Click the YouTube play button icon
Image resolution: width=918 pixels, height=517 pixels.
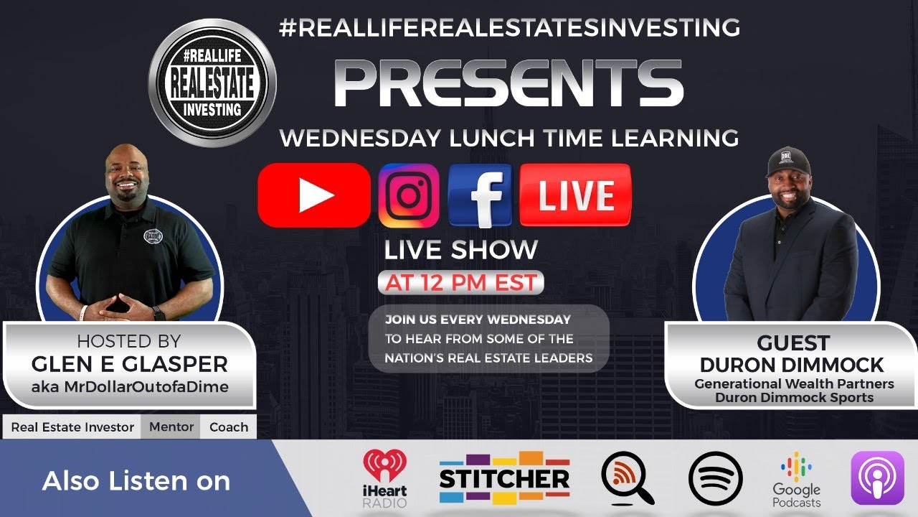(x=314, y=195)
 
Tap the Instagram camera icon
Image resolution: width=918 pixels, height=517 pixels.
(x=409, y=195)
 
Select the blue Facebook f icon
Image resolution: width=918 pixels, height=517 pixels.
(x=481, y=195)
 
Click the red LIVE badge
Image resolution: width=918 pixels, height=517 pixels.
(x=576, y=195)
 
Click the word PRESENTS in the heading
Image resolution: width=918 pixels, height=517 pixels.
(x=508, y=84)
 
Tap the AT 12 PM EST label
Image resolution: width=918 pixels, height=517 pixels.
(x=460, y=283)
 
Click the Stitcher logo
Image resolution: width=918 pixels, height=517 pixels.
(x=504, y=478)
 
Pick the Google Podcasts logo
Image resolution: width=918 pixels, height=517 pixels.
(x=796, y=480)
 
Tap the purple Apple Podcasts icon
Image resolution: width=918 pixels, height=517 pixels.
(x=877, y=478)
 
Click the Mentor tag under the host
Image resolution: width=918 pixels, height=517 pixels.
(x=171, y=427)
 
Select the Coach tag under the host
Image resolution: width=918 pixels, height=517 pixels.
(x=229, y=427)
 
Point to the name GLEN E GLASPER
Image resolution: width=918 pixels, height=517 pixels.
(x=129, y=364)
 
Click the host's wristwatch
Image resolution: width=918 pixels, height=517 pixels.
(x=158, y=313)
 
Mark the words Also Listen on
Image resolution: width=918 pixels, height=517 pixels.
(x=136, y=480)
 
